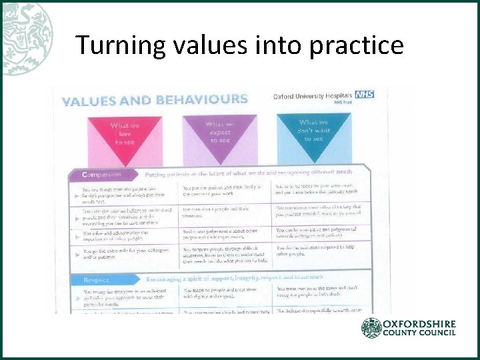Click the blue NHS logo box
click(x=365, y=95)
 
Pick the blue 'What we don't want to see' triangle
click(x=313, y=129)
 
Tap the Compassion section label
click(x=102, y=174)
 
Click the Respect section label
click(x=97, y=279)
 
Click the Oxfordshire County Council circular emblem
click(x=372, y=328)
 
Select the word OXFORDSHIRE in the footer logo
click(x=420, y=324)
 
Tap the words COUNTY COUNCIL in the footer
click(x=420, y=333)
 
